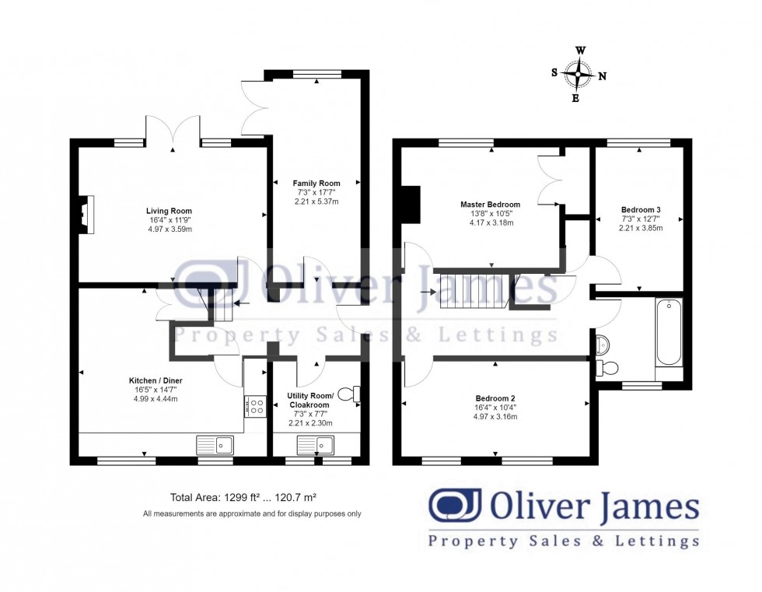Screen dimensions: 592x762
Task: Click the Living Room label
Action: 169,211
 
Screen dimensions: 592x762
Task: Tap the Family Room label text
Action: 316,184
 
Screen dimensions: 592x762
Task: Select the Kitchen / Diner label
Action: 156,380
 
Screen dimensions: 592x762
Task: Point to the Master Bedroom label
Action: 489,205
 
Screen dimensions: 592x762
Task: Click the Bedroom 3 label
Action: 641,209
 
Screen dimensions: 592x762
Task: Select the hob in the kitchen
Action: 256,406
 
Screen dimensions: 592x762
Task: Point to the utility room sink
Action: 316,445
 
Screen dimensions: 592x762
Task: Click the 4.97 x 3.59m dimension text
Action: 169,229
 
